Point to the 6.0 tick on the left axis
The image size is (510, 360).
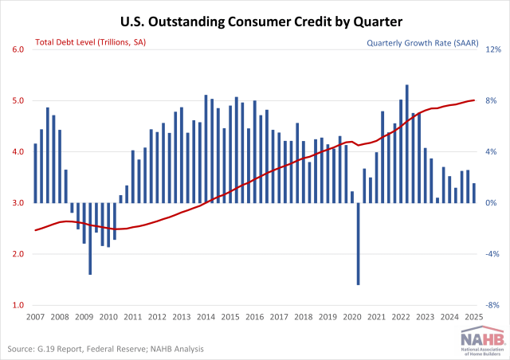click(17, 49)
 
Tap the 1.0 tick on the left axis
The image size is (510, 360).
click(17, 305)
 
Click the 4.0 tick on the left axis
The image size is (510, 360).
click(17, 151)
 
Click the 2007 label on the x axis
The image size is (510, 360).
click(35, 317)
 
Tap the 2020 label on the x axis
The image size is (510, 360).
click(352, 317)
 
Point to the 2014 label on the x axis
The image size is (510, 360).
click(206, 317)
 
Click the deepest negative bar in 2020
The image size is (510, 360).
click(359, 243)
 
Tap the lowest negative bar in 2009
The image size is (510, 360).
click(90, 238)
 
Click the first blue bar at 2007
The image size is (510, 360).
click(35, 173)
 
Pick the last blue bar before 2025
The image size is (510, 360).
click(474, 193)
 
